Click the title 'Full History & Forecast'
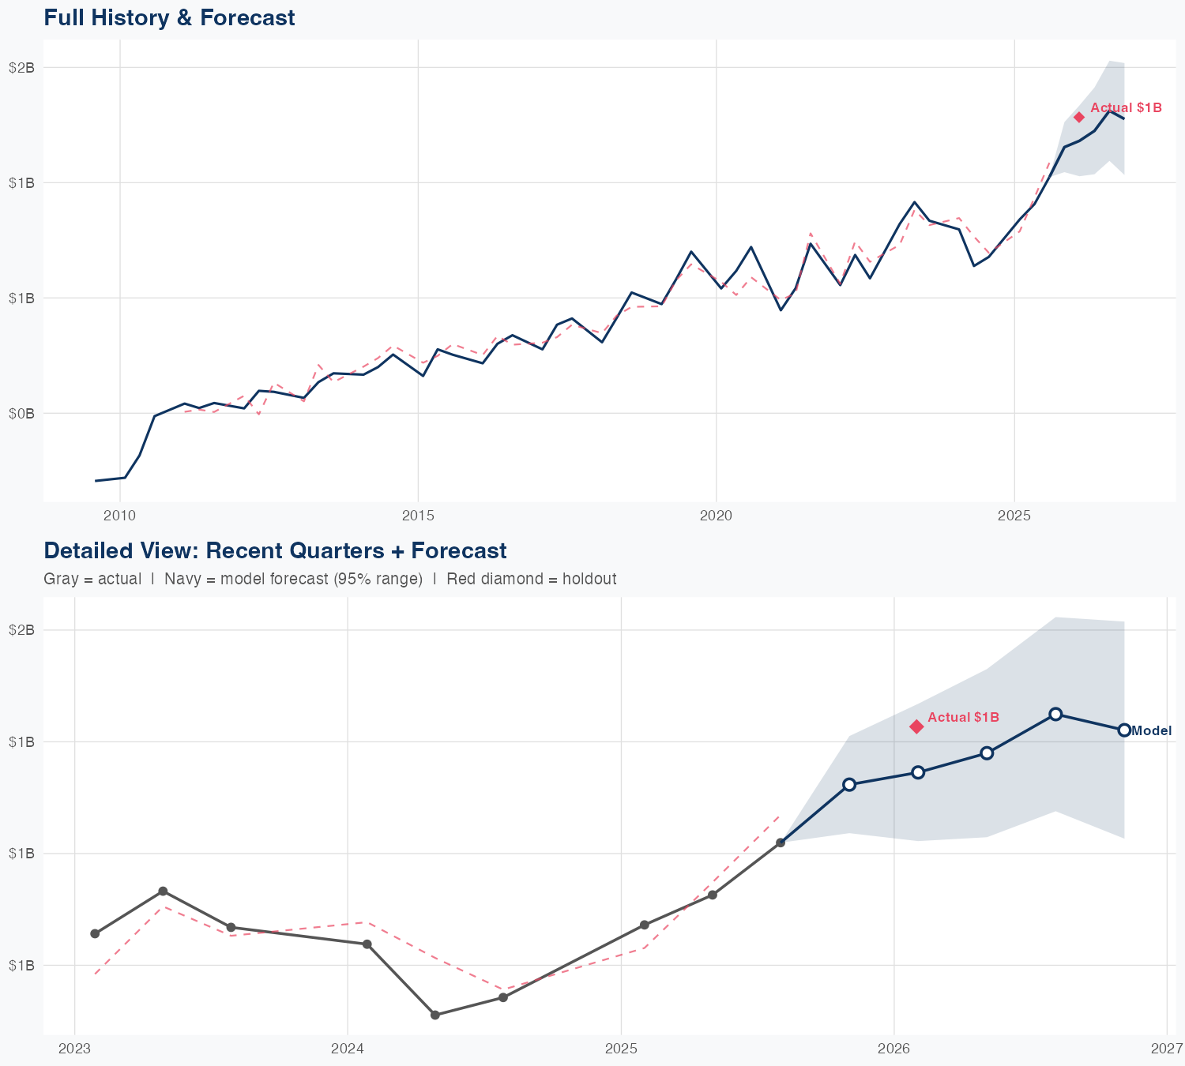click(169, 17)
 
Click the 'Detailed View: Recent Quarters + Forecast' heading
click(275, 550)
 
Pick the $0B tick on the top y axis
click(21, 413)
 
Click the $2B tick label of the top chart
click(21, 68)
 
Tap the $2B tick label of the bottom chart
click(21, 630)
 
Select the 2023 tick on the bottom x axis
click(74, 1049)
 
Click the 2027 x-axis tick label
click(1167, 1049)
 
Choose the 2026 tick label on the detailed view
click(894, 1049)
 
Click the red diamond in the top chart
click(1079, 118)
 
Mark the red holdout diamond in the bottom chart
click(916, 726)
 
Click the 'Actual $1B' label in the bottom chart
click(963, 717)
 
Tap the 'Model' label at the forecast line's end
click(1151, 731)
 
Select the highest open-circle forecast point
click(1055, 714)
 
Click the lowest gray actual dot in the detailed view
click(435, 1015)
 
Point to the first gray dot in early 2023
click(95, 933)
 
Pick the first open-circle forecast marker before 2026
click(849, 784)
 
